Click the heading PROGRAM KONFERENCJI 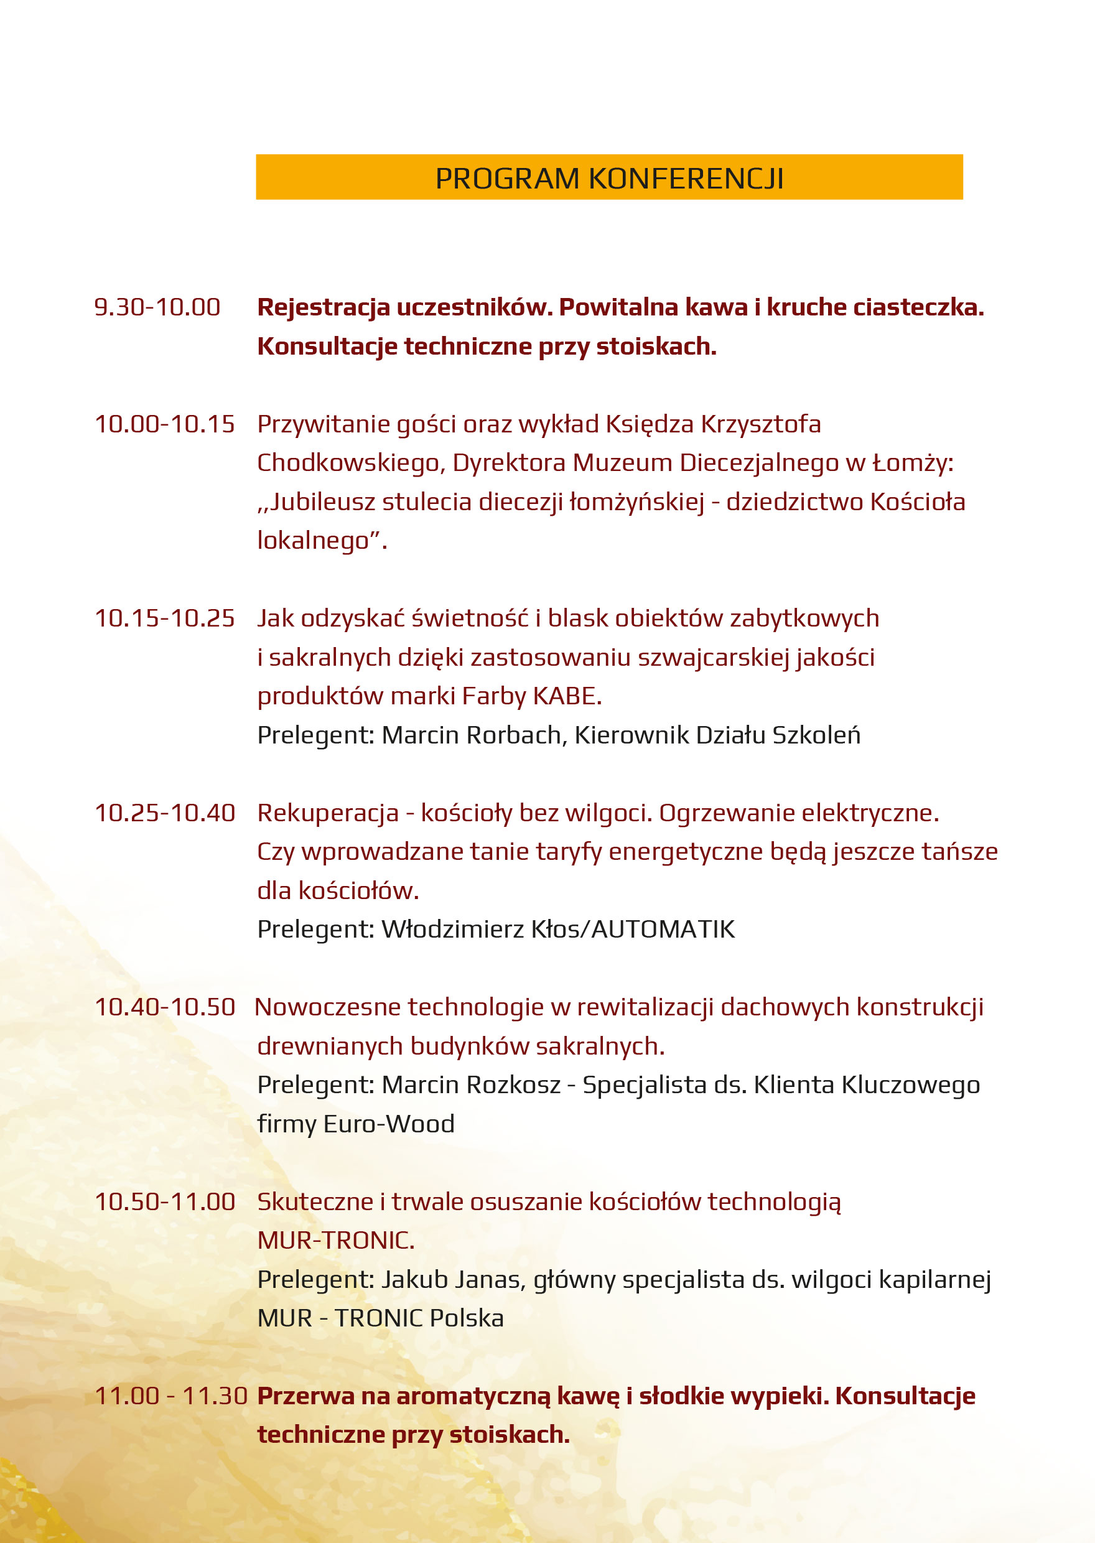click(x=609, y=179)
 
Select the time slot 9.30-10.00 click(x=157, y=307)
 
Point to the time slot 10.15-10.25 click(x=164, y=619)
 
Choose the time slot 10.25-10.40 click(x=164, y=814)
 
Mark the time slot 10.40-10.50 click(x=164, y=1008)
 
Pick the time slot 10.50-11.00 click(x=164, y=1202)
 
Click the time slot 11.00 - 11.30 click(x=171, y=1396)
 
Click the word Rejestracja click(x=324, y=307)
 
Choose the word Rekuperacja click(x=328, y=814)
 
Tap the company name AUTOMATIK click(x=663, y=930)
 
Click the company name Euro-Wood click(x=389, y=1124)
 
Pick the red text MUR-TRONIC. click(x=336, y=1241)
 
